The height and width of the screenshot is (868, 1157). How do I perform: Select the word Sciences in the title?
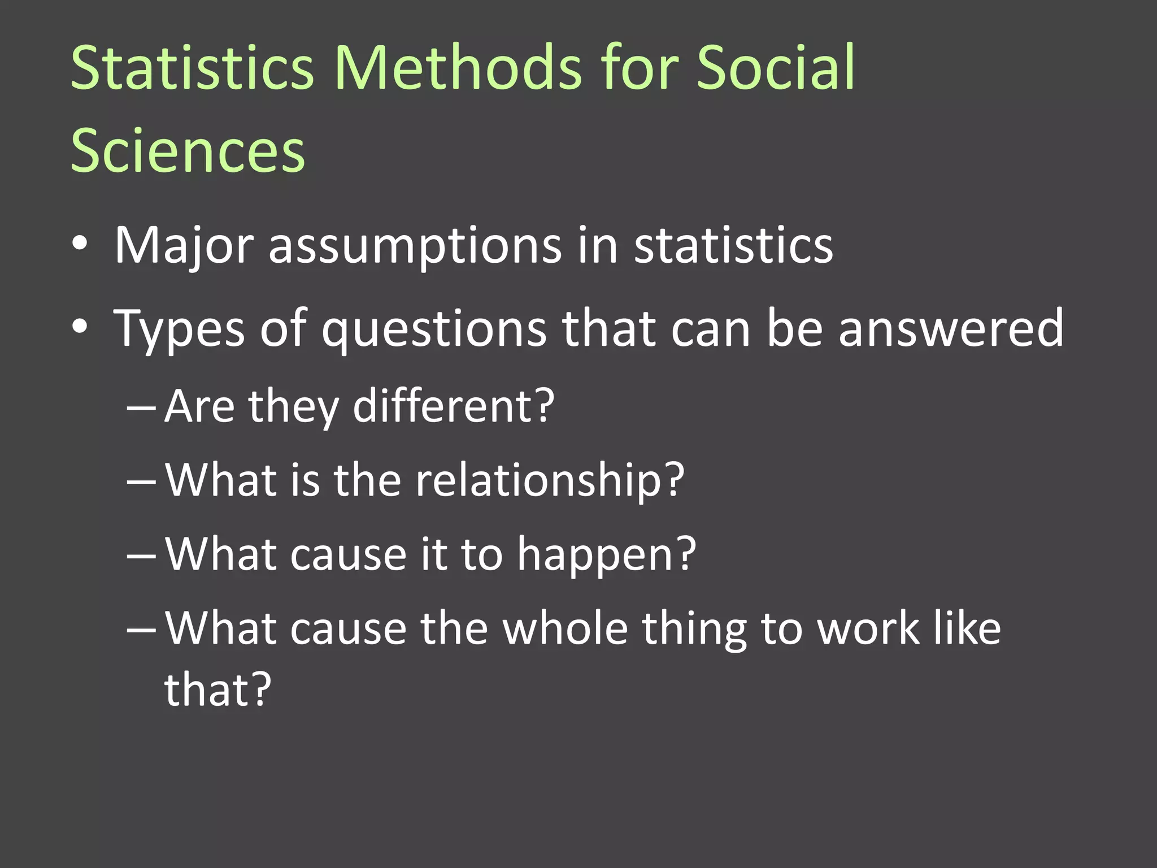point(188,150)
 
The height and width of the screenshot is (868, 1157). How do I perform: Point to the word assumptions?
point(415,246)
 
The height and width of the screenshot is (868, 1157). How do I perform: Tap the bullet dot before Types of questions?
point(80,327)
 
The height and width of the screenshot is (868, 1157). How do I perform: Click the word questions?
point(434,329)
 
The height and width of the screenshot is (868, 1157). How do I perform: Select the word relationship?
point(538,480)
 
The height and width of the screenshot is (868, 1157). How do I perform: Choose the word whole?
point(566,628)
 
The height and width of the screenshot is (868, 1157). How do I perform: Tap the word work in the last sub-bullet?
point(869,628)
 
